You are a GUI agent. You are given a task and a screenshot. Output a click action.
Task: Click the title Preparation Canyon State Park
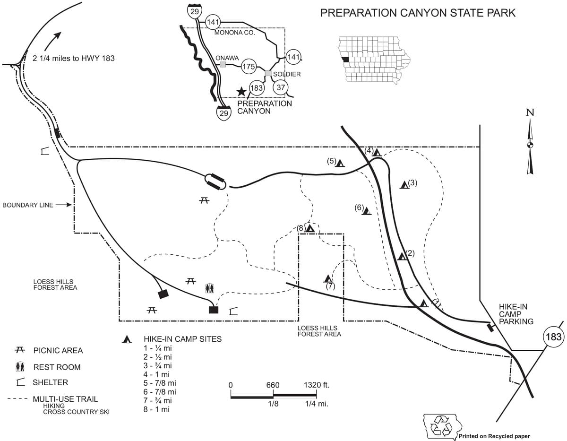pos(418,13)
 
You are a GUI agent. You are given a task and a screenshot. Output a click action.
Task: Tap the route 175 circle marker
pos(249,67)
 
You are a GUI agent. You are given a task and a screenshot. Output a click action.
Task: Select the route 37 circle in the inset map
pos(281,87)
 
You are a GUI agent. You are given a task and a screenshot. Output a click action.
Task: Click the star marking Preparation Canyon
pos(241,92)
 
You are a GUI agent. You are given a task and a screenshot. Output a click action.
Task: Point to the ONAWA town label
pos(227,58)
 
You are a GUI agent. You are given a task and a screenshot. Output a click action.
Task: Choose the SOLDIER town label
pos(287,74)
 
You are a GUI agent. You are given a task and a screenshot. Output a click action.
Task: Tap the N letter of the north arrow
pos(530,112)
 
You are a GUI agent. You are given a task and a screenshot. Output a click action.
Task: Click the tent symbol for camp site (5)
pos(340,163)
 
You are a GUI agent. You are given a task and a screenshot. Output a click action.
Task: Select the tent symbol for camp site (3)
pos(404,185)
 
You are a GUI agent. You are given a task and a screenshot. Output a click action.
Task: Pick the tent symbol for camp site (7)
pos(328,278)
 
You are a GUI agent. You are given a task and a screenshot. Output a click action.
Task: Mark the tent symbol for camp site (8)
pos(310,228)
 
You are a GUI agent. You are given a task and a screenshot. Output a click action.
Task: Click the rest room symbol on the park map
pos(209,288)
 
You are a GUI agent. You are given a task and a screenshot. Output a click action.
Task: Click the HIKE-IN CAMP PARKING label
pos(516,314)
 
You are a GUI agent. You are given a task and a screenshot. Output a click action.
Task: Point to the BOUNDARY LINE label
pos(28,205)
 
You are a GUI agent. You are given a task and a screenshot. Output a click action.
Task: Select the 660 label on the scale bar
pos(273,385)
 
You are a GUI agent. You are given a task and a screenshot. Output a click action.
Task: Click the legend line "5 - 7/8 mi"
pos(159,383)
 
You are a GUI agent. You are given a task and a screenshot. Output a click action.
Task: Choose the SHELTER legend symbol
pos(21,382)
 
